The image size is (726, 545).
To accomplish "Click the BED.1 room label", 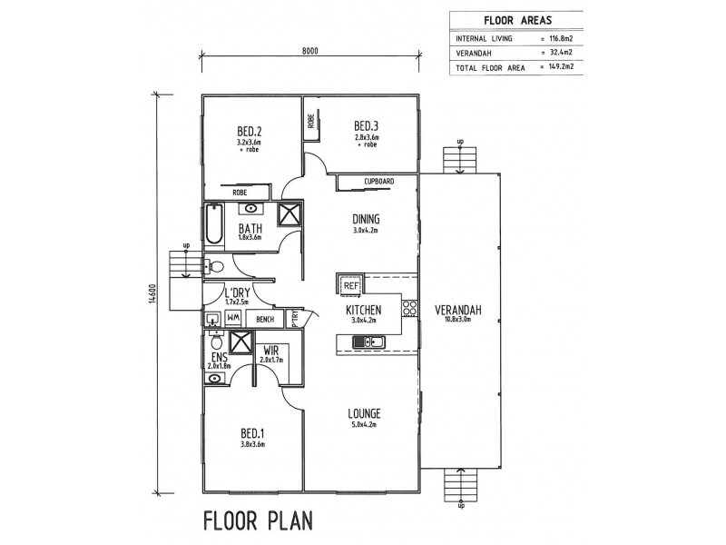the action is [252, 434].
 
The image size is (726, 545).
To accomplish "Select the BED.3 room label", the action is [366, 126].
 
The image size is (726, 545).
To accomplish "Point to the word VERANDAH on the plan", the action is [458, 310].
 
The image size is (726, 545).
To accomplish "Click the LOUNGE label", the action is [365, 413].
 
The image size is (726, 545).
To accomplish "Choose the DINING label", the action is [366, 219].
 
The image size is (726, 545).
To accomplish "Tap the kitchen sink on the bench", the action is [368, 342].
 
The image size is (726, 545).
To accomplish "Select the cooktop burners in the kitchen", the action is [409, 308].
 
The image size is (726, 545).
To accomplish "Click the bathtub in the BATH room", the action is [213, 223].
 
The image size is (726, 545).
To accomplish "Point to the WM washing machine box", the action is [233, 319].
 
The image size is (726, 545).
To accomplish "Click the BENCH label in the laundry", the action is [264, 320].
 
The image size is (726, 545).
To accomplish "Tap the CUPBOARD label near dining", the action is [378, 181].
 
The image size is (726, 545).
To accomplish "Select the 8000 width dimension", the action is [310, 51].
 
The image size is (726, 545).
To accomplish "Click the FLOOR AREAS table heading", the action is [517, 20].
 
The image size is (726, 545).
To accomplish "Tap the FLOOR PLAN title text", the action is [259, 520].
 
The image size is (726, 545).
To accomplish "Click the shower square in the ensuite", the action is [240, 342].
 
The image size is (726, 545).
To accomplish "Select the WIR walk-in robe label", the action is [270, 351].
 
